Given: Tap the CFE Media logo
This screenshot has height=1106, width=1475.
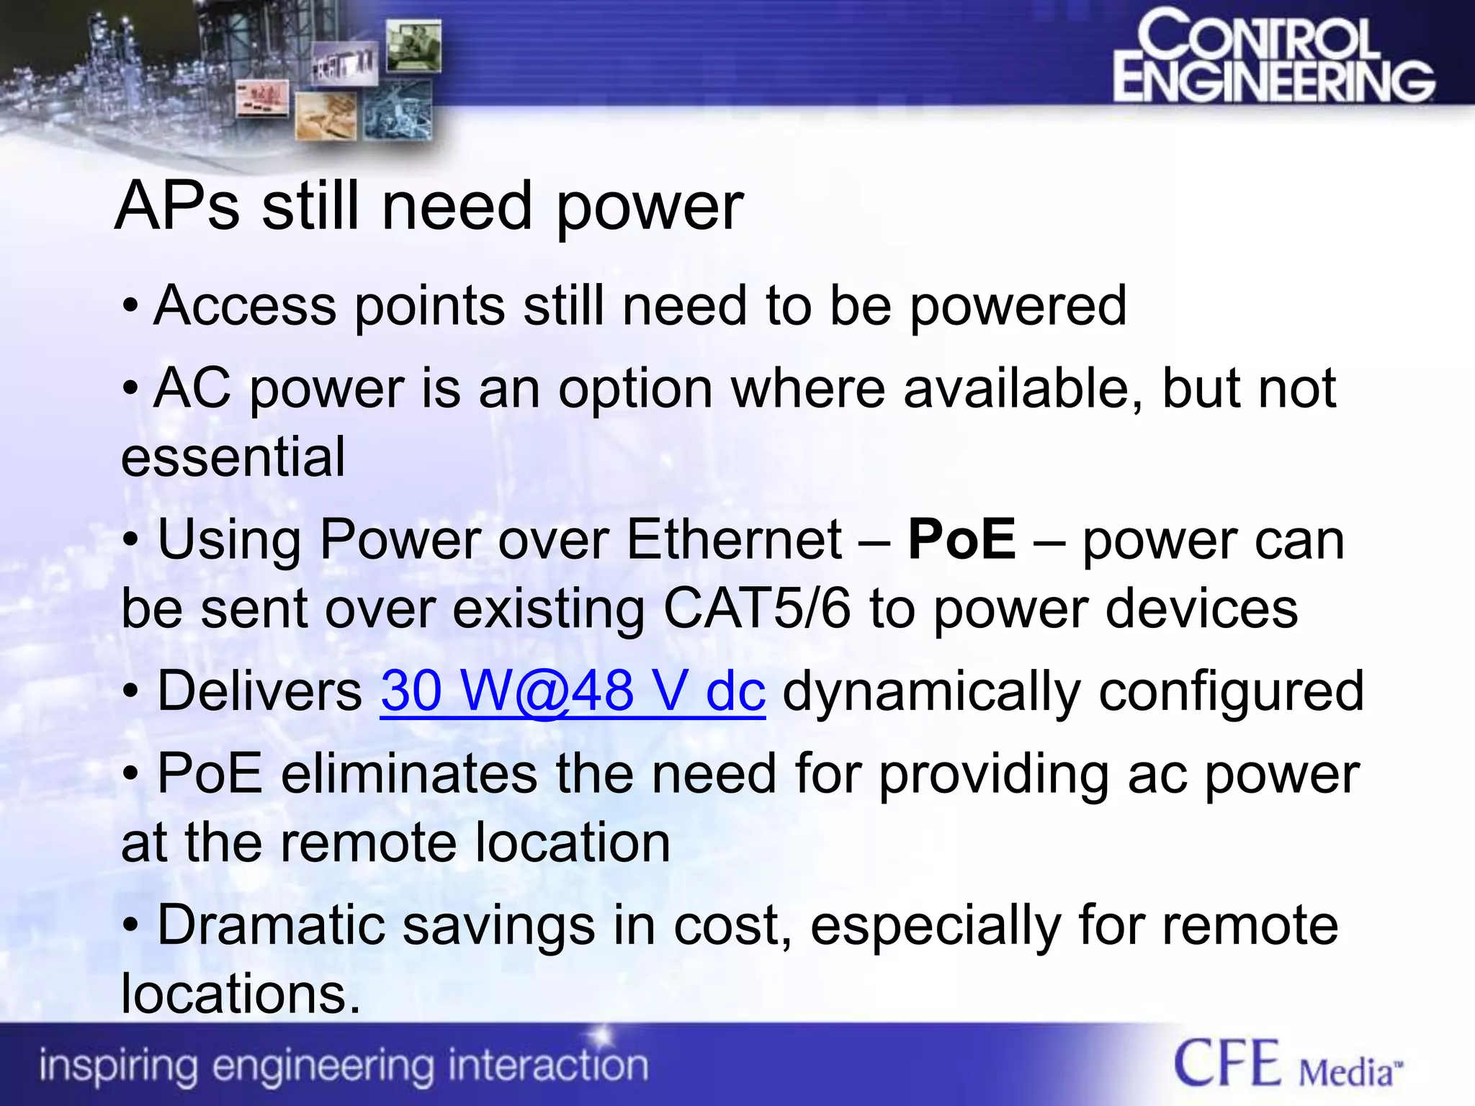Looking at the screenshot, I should click(x=1288, y=1065).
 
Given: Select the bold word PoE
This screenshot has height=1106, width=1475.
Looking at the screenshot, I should click(x=961, y=539).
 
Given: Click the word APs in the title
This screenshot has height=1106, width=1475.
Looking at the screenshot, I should click(x=177, y=207).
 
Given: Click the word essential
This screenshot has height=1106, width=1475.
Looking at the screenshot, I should click(x=233, y=457).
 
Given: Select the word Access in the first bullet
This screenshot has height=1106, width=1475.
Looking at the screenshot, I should click(x=245, y=306).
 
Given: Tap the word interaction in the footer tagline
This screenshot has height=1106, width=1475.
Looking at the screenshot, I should click(x=547, y=1066).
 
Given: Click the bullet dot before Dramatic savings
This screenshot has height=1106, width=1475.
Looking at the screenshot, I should click(x=130, y=926).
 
